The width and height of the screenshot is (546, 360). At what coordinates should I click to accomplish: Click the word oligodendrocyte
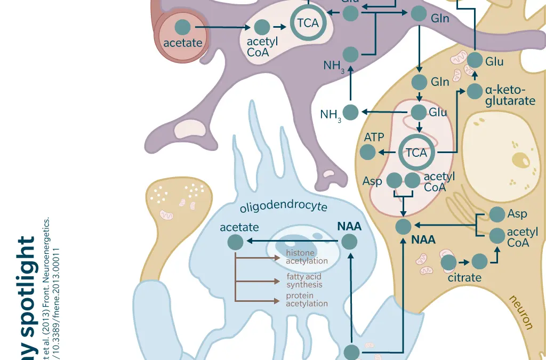(x=283, y=206)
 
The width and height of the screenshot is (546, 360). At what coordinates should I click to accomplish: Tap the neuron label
(x=521, y=312)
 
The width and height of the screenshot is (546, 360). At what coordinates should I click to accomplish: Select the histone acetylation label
(x=307, y=257)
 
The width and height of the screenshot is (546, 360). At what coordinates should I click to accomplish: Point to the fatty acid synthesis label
(x=304, y=281)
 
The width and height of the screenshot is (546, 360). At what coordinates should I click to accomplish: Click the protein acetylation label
(x=307, y=300)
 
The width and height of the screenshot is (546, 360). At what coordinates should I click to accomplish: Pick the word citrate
(x=464, y=278)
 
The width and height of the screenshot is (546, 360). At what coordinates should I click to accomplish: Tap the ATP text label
(x=374, y=138)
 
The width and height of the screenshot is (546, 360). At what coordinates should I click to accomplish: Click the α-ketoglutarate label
(x=510, y=95)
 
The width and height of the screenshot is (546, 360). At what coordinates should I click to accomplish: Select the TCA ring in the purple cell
(x=308, y=23)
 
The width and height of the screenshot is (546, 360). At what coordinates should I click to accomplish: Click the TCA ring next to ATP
(x=416, y=153)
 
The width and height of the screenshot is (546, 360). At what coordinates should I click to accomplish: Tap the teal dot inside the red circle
(x=183, y=27)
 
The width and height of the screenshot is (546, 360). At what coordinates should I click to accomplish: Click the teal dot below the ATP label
(x=367, y=153)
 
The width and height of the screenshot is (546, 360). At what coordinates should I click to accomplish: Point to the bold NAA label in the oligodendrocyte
(x=349, y=226)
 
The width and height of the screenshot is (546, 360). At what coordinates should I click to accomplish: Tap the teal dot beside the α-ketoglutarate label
(x=475, y=91)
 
